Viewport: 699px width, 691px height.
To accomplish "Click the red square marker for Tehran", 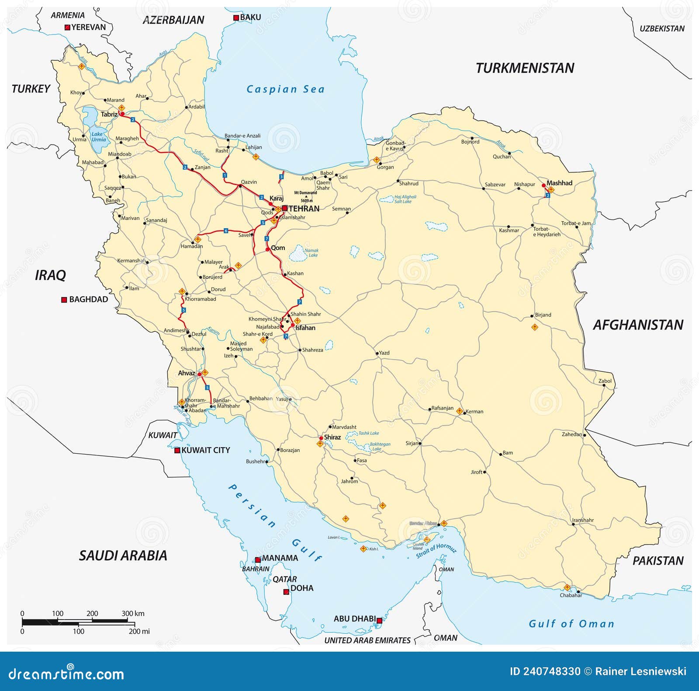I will pos(285,208).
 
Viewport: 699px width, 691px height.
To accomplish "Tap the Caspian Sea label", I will pos(285,89).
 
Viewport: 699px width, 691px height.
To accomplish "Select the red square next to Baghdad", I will pos(64,300).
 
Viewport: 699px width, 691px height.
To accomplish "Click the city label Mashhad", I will pos(559,183).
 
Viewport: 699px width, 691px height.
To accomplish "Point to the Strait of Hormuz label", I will pos(436,551).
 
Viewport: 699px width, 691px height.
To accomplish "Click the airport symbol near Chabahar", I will pos(567,587).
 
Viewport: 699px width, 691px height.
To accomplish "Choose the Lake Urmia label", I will pos(98,137).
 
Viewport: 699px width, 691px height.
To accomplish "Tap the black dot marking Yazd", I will pos(377,353).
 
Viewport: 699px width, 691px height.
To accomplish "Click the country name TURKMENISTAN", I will pos(525,68).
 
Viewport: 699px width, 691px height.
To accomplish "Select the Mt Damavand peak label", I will pos(305,193).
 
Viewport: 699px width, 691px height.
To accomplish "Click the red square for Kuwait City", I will pos(177,450).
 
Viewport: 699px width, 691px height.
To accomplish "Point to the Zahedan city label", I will pos(572,434).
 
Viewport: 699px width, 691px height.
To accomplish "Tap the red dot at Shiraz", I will pos(321,438).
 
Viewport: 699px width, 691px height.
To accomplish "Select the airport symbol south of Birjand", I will pos(535,327).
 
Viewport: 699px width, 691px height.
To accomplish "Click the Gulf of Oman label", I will pos(571,624).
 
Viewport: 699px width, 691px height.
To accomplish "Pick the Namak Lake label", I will pos(312,253).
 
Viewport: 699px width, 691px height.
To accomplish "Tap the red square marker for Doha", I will pos(286,592).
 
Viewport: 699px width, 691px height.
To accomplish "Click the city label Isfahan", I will pos(305,328).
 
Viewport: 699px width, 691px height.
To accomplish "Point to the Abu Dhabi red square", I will pos(379,621).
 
